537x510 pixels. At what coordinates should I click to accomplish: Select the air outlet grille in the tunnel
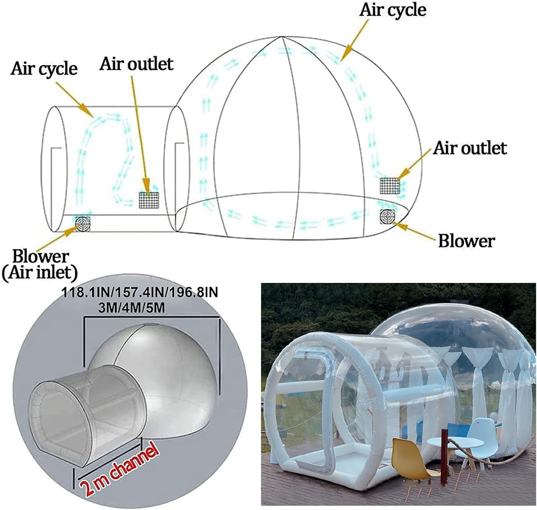pos(149,200)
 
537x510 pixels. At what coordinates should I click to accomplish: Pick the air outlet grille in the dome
pos(390,186)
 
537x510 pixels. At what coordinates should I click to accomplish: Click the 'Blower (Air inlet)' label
pos(40,265)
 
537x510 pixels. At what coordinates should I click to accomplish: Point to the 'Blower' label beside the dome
pos(466,241)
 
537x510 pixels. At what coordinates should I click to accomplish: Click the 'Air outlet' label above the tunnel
pos(136,64)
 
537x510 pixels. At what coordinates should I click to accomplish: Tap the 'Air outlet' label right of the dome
pos(470,148)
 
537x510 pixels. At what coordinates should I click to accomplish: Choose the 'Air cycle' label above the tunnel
pos(44,69)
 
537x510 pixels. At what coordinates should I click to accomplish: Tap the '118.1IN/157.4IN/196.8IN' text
pos(140,293)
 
